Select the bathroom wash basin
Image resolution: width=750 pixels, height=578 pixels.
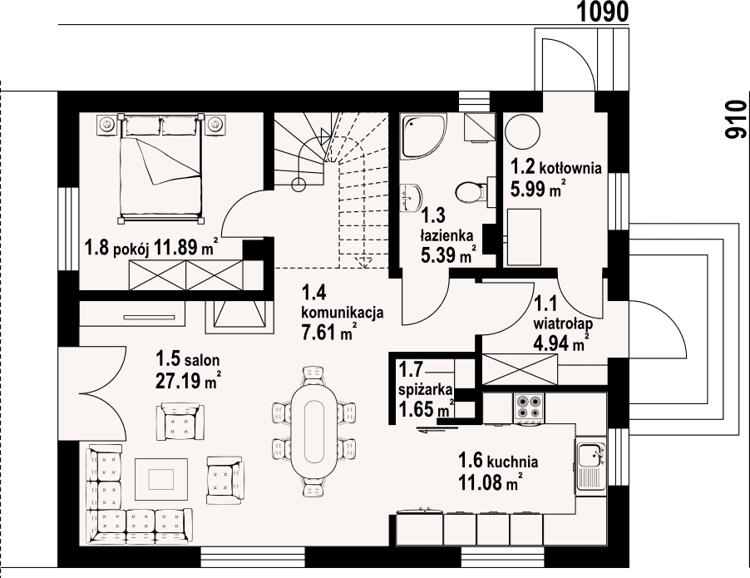(411, 196)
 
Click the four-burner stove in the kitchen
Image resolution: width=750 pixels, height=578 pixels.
(528, 408)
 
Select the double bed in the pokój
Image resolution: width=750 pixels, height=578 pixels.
(160, 169)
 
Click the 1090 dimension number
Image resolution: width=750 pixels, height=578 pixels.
(601, 12)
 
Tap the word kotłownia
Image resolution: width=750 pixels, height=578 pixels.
(570, 169)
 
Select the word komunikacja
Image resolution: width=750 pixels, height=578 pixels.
(342, 313)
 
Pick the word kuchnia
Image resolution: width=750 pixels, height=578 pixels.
(512, 462)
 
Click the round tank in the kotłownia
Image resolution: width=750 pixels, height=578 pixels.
(522, 132)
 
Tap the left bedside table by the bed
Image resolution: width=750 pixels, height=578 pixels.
(107, 125)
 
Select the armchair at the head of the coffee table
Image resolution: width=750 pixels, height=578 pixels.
(180, 422)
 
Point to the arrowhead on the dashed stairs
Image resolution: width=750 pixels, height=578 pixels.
(364, 262)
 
